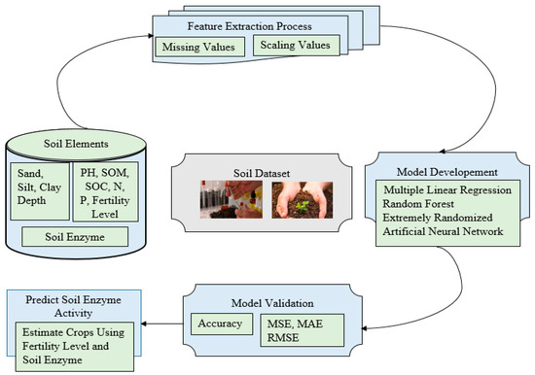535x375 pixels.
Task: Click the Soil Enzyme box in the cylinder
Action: (75, 236)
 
